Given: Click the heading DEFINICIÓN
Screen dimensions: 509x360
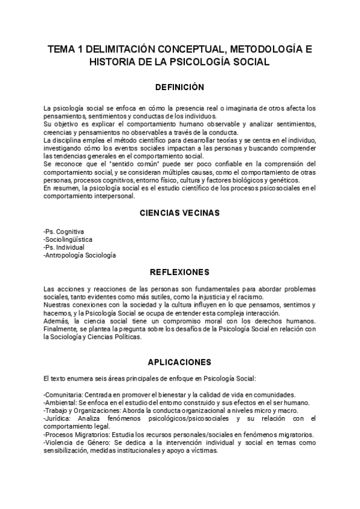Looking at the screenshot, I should [179, 86].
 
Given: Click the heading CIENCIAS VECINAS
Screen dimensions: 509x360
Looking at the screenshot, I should [179, 212].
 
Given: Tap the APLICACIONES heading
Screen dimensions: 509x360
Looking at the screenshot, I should [179, 362].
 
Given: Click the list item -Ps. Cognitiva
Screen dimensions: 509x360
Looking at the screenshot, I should [64, 232].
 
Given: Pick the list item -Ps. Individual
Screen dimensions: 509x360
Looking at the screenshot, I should [64, 247].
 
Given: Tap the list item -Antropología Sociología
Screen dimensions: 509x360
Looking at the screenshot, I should [80, 255].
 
